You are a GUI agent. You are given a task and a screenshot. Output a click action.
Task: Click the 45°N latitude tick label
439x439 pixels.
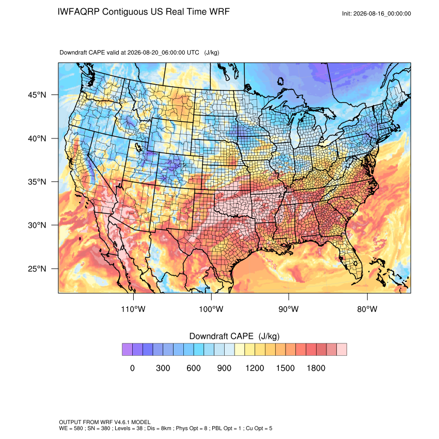pos(37,95)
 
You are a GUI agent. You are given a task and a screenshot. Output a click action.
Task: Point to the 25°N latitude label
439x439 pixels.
pos(37,269)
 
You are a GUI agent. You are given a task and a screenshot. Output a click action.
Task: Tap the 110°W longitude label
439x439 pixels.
pos(133,309)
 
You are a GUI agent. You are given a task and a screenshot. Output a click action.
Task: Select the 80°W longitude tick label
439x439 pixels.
pos(367,309)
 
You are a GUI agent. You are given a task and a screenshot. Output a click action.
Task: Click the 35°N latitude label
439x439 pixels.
pos(37,182)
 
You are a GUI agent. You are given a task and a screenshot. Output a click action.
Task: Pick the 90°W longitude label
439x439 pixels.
pos(289,309)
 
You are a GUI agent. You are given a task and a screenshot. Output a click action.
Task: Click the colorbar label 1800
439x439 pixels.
pos(316,368)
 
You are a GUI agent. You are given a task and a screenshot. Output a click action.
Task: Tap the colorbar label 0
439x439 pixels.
pos(132,368)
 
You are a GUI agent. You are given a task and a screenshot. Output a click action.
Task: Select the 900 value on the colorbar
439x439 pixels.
pos(224,368)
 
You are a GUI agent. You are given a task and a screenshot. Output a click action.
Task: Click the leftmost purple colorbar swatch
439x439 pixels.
pos(127,350)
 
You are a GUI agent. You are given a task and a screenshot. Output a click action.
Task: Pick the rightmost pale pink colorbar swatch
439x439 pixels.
pos(341,350)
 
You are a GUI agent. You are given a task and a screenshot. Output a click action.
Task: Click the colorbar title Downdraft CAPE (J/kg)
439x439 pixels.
pos(234,336)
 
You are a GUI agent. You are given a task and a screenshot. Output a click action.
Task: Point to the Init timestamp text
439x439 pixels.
pos(377,14)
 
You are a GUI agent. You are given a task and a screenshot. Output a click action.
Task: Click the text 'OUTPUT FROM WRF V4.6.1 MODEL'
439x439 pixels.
pos(105,422)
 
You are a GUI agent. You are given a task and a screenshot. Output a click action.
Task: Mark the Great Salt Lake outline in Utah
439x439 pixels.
pos(138,147)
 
